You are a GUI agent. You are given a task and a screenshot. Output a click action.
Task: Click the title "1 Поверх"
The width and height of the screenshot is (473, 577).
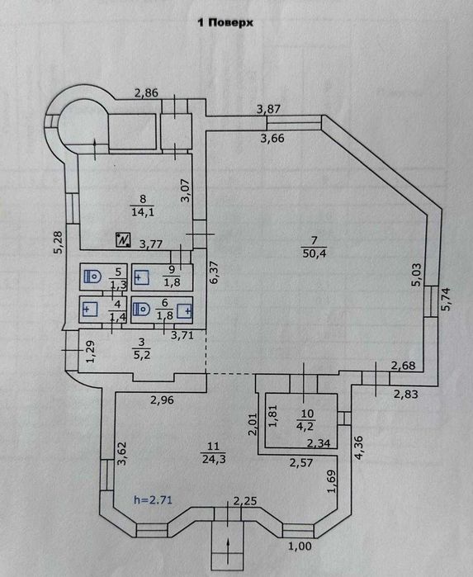[x=225, y=23]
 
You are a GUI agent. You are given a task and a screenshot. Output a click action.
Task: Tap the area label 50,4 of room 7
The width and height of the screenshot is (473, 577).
[x=315, y=254]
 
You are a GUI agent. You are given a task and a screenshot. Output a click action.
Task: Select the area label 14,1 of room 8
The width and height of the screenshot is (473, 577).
[x=143, y=212]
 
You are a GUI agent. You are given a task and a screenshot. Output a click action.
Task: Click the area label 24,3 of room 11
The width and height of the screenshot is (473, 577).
[x=214, y=459]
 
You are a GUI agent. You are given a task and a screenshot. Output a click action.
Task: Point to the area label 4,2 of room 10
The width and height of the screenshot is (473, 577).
[x=307, y=426]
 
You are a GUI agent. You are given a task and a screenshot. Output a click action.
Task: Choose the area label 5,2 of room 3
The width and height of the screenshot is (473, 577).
[x=141, y=356]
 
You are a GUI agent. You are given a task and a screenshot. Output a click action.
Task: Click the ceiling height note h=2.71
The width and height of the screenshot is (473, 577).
[x=153, y=500]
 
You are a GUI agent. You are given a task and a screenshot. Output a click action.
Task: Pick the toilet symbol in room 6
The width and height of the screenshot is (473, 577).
[x=141, y=310]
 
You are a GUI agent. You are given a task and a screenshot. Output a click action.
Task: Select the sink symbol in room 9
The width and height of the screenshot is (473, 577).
[x=141, y=277]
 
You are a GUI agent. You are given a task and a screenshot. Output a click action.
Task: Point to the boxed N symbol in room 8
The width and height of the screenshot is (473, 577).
[x=123, y=239]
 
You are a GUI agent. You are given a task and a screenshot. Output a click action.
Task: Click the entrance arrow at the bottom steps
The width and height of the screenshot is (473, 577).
[x=228, y=547]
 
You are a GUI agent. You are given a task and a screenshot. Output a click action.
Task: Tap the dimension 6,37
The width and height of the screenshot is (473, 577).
[x=215, y=272]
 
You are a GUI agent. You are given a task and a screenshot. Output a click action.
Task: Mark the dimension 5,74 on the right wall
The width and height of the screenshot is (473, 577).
[x=446, y=299]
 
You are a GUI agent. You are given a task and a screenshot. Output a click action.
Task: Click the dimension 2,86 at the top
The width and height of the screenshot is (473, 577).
[x=146, y=93]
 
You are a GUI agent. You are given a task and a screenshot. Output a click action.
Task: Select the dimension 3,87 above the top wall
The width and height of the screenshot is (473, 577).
[x=268, y=109]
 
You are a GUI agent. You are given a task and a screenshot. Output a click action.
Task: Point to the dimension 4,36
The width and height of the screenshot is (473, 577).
[x=358, y=447]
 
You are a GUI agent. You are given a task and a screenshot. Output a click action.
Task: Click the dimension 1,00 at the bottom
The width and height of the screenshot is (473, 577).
[x=300, y=546]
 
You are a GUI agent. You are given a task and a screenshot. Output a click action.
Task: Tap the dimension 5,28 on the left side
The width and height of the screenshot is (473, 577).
[x=59, y=242]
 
